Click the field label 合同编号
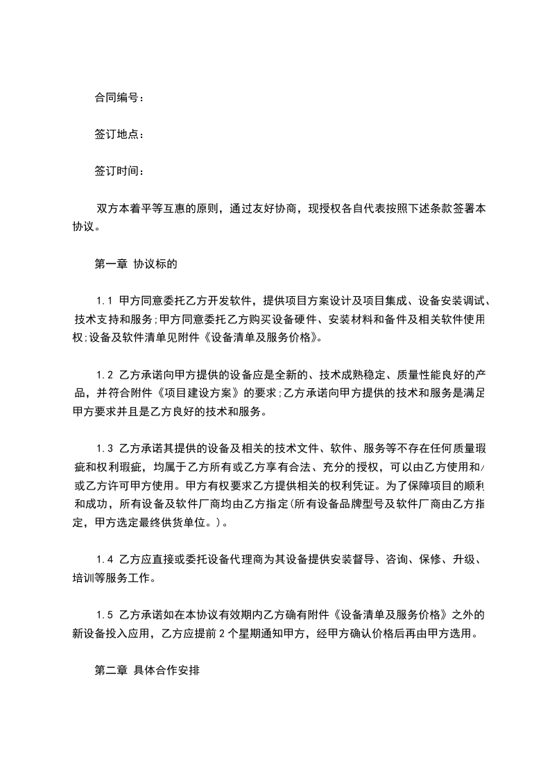click(117, 98)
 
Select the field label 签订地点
click(117, 135)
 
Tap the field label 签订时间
click(117, 171)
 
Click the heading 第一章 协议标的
click(136, 264)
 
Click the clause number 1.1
click(105, 301)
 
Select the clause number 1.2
click(105, 375)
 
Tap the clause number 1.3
click(105, 449)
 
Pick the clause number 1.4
click(105, 559)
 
